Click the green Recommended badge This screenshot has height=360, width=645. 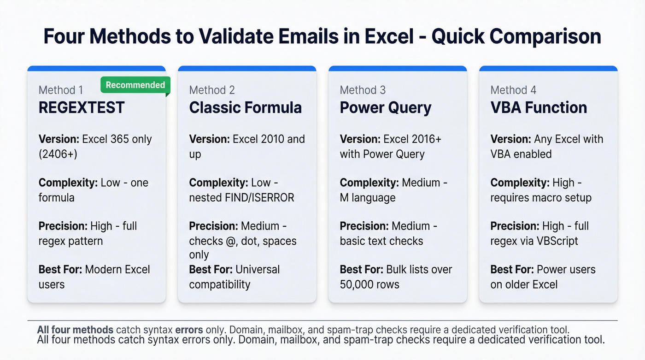[x=135, y=85]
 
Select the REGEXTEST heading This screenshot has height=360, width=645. [x=82, y=108]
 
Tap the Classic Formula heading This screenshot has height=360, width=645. [x=245, y=108]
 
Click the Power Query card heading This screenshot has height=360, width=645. [x=385, y=108]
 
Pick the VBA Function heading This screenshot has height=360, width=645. [x=539, y=108]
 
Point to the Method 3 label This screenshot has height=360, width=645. [x=363, y=90]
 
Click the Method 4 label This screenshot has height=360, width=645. [x=513, y=90]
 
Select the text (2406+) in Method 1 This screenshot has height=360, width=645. [x=58, y=154]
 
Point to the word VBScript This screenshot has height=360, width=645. [x=556, y=241]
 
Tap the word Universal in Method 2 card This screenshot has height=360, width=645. [x=258, y=270]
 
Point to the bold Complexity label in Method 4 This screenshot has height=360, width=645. [x=519, y=183]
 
